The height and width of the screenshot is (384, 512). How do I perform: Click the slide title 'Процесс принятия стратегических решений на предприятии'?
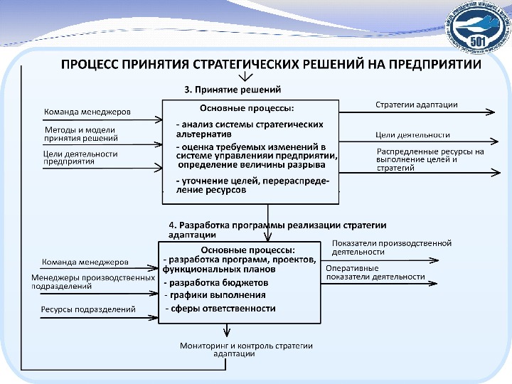tap(271, 64)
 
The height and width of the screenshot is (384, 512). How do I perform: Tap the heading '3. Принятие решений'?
tap(233, 90)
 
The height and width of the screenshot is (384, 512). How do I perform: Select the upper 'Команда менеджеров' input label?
tap(87, 112)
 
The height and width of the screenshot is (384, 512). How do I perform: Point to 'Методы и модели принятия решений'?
tap(81, 134)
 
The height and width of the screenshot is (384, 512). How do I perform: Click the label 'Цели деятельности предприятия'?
tap(80, 157)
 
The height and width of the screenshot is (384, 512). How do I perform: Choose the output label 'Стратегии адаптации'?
tap(416, 105)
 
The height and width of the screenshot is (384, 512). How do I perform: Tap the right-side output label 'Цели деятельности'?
tap(412, 134)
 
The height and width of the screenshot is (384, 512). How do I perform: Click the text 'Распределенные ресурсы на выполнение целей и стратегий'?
tap(430, 160)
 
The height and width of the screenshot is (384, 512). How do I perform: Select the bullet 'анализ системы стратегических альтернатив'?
tap(245, 128)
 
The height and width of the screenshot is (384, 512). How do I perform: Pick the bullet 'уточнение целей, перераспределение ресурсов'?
tap(252, 186)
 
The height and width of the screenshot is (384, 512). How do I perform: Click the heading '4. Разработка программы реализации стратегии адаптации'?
tap(277, 229)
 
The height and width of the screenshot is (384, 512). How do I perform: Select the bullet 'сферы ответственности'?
tap(220, 309)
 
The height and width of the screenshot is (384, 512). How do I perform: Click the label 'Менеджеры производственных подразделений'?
tap(92, 282)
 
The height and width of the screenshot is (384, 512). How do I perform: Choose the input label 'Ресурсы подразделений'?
tap(88, 309)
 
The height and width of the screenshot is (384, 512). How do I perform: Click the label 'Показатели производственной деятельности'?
tap(391, 247)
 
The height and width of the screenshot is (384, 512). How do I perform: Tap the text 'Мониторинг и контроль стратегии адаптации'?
tap(246, 349)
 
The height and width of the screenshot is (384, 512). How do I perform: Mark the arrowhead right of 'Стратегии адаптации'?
tap(491, 112)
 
